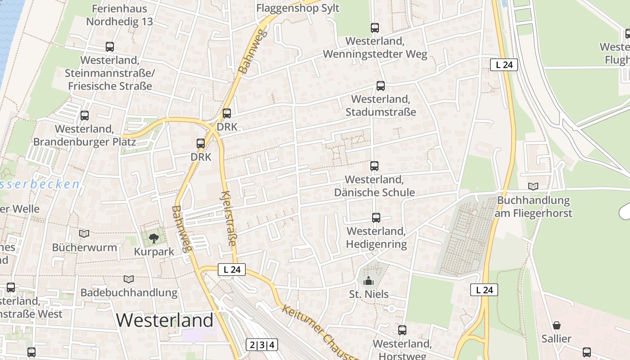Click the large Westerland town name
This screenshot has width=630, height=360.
(x=165, y=320)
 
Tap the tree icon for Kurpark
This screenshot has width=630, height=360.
(x=153, y=238)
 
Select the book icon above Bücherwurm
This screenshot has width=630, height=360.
(x=84, y=234)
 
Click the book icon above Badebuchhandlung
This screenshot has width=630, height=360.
(x=129, y=279)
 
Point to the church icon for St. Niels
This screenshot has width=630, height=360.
(x=369, y=281)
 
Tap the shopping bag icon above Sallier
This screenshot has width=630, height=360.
(x=557, y=325)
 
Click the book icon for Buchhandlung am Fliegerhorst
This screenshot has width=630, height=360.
(x=533, y=186)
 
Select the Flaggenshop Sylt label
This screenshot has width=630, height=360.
(x=298, y=8)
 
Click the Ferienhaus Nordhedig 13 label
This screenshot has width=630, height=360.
(x=119, y=15)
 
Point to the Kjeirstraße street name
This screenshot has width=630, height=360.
(x=229, y=218)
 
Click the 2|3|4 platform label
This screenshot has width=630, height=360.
(x=261, y=345)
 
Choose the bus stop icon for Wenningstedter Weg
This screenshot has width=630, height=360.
(x=375, y=28)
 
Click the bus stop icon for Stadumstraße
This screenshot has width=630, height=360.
(x=381, y=86)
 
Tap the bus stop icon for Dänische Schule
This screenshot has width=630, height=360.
(x=374, y=166)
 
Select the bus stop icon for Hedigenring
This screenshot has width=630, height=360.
(x=376, y=218)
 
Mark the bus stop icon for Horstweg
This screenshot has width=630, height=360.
(x=402, y=330)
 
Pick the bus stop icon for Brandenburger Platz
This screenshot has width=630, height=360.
(x=85, y=116)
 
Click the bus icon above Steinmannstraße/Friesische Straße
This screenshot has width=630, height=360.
(x=110, y=47)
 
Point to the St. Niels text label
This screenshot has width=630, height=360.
(x=369, y=294)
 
